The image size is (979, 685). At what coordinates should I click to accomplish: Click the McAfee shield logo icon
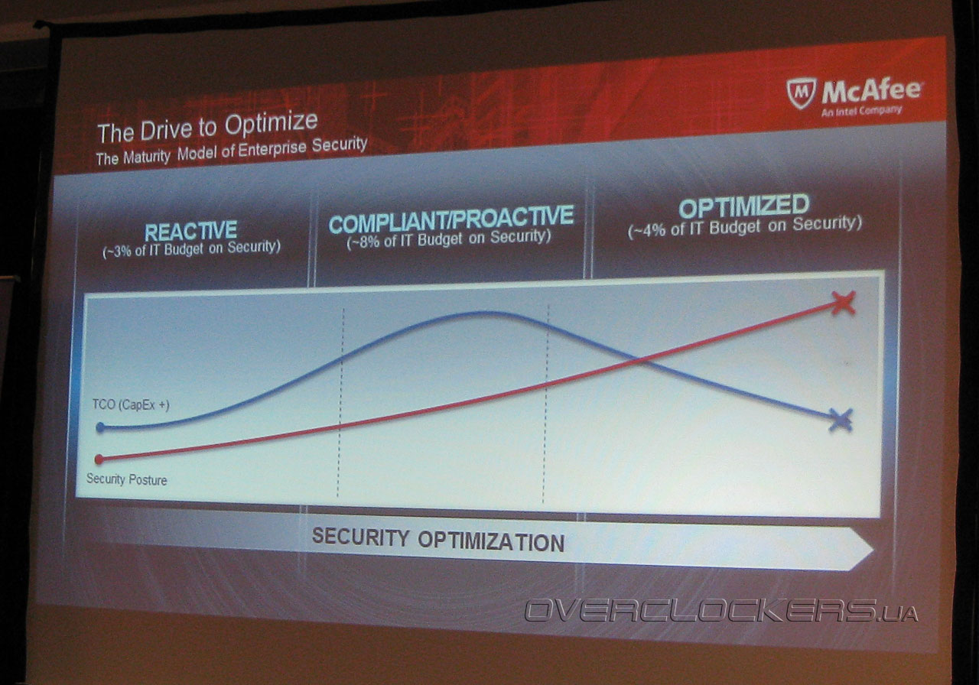tap(802, 93)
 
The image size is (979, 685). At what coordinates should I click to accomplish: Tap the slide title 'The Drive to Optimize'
tap(207, 127)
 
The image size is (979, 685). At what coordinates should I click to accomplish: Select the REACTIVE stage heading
tap(191, 232)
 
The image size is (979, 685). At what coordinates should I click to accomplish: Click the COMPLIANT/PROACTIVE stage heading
tap(451, 219)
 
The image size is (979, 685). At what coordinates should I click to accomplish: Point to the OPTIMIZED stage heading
tap(744, 206)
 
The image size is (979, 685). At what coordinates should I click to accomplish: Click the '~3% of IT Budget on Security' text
tap(191, 249)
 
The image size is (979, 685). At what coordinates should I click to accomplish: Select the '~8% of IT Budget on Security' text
tap(449, 239)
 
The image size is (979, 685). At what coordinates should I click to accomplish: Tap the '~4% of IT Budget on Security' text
tap(745, 227)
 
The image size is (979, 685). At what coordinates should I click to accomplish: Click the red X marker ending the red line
tap(843, 304)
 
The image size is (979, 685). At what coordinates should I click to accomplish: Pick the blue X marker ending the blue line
tap(841, 420)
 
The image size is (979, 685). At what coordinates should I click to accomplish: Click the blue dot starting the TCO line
tap(100, 427)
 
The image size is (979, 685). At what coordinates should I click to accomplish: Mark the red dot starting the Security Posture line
tap(99, 459)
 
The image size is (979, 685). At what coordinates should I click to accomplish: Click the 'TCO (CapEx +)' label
tap(131, 405)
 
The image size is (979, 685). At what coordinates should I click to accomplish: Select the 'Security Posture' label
tap(127, 479)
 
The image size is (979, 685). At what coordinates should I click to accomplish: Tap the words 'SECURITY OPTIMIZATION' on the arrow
tap(438, 540)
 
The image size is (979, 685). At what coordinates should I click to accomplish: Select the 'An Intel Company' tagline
tap(861, 111)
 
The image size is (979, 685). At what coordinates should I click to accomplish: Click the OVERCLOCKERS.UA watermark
tap(721, 611)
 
